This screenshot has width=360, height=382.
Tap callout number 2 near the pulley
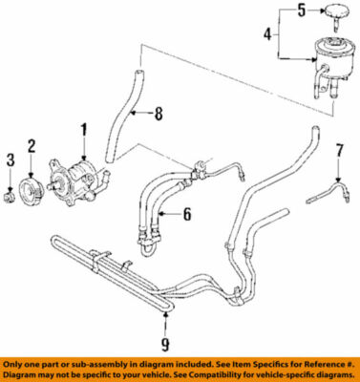click(x=31, y=146)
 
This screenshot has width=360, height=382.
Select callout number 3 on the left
click(x=11, y=158)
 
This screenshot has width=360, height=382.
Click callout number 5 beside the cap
click(x=301, y=11)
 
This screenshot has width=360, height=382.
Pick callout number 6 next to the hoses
click(x=187, y=214)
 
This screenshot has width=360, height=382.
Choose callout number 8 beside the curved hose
click(x=159, y=116)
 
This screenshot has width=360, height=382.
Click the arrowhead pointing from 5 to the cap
click(x=321, y=11)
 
